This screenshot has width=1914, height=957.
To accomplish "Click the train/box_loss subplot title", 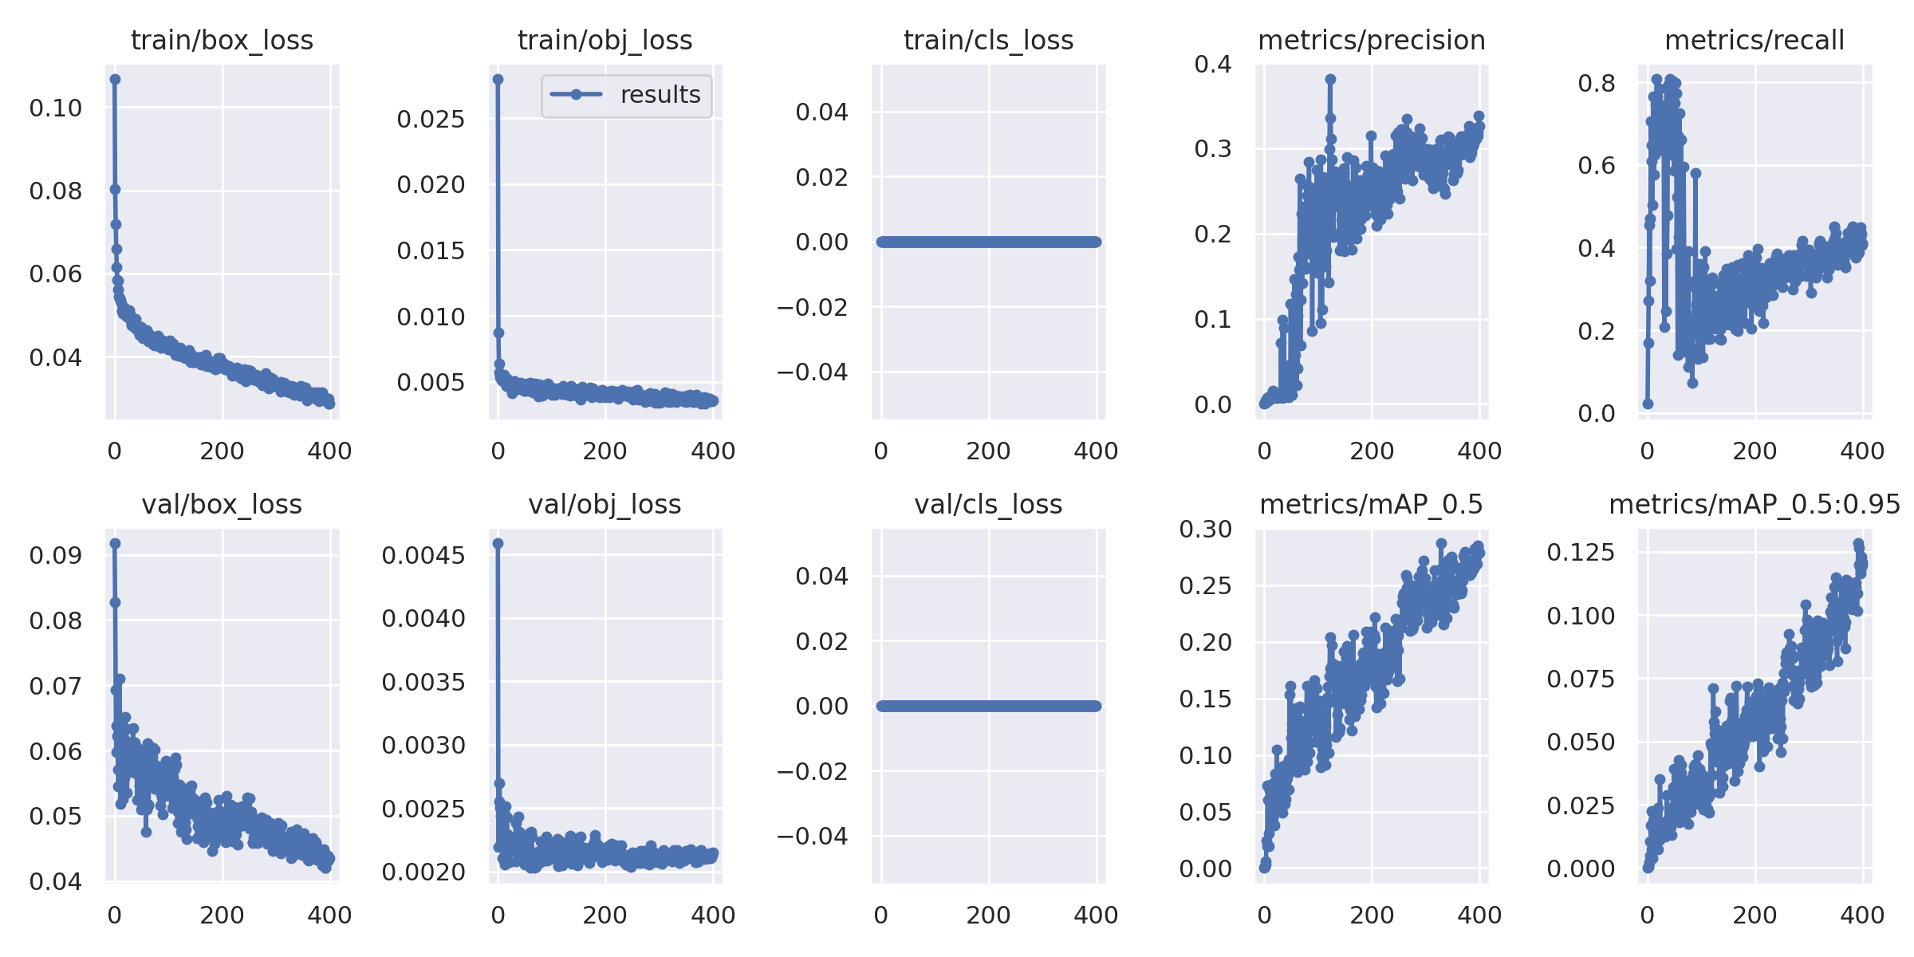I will click(x=222, y=41).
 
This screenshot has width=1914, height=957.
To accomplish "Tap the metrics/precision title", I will click(x=1371, y=41).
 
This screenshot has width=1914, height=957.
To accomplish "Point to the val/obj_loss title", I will click(x=605, y=505).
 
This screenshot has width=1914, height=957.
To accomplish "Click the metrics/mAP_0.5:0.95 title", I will click(x=1754, y=505).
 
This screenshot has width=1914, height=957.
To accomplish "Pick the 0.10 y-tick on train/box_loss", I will click(x=56, y=108).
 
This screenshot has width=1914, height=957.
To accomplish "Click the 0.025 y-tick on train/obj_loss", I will click(x=431, y=120).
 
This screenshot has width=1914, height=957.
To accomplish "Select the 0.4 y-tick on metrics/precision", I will click(x=1212, y=64).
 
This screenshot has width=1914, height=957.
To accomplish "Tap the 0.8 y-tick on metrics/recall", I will click(x=1597, y=83).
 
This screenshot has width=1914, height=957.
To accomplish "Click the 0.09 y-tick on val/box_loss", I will click(x=56, y=555).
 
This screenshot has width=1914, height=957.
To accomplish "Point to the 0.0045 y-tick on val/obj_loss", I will click(x=423, y=555).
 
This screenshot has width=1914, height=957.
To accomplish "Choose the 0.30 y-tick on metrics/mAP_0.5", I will click(x=1205, y=529).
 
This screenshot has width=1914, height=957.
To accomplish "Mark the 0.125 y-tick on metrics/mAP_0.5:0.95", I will click(x=1581, y=552).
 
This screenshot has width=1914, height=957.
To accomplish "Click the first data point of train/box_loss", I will click(x=115, y=79).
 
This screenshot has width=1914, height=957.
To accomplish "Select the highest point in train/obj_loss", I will click(x=498, y=79).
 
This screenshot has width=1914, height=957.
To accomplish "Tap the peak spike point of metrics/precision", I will click(x=1330, y=79).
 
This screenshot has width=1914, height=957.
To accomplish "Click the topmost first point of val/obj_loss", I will click(x=498, y=543).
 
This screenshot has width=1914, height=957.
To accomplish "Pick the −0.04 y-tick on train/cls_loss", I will click(x=813, y=372).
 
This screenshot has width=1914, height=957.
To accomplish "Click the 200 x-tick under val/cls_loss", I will click(x=988, y=916).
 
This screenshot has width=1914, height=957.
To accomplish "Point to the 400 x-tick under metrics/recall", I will click(x=1862, y=451).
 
